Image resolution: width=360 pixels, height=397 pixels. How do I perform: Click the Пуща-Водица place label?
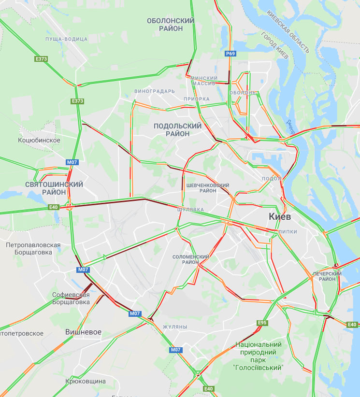pos(66,39)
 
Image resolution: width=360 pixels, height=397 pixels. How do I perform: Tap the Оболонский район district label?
pos(171,25)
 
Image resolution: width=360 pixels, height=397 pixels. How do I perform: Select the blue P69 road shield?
pos(230,54)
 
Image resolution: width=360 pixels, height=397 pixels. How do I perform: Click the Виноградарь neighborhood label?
pos(155,91)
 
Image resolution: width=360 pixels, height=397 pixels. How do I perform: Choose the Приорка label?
pos(196,99)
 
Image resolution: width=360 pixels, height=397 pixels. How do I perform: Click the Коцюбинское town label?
pos(39,140)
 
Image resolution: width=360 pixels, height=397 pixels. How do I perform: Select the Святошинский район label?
pos(54,188)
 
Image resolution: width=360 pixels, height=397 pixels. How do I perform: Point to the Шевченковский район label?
pos(208,188)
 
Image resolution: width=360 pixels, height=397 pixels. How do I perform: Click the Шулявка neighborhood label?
pos(190,210)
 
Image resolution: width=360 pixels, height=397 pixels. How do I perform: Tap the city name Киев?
pos(280,217)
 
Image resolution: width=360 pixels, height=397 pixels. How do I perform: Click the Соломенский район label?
pos(190,259)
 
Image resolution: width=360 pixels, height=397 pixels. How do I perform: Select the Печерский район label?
pos(327,276)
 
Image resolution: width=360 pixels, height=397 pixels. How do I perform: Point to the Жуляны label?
pos(175,327)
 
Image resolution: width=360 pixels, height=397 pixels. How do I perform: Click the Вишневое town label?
pos(83,332)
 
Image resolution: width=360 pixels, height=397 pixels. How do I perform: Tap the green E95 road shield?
pos(262,323)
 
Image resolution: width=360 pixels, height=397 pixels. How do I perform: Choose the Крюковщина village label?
pos(86,382)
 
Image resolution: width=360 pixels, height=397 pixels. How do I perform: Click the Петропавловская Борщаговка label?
pos(33,248)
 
